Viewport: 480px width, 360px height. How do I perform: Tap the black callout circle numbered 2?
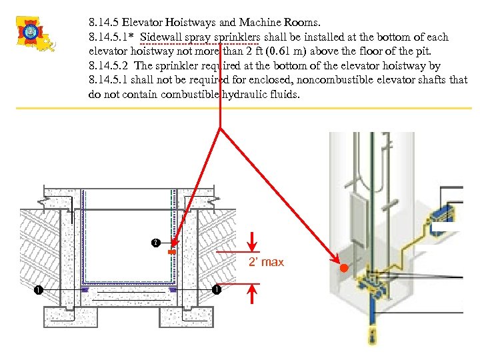(x=155, y=241)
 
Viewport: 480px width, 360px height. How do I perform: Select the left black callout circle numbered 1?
(x=39, y=290)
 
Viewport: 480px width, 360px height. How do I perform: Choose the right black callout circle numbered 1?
(x=216, y=290)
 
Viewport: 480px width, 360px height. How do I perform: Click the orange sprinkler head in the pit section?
(x=171, y=253)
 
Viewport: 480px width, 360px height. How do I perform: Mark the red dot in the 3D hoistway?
(x=343, y=269)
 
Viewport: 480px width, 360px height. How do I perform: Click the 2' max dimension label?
(x=265, y=262)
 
